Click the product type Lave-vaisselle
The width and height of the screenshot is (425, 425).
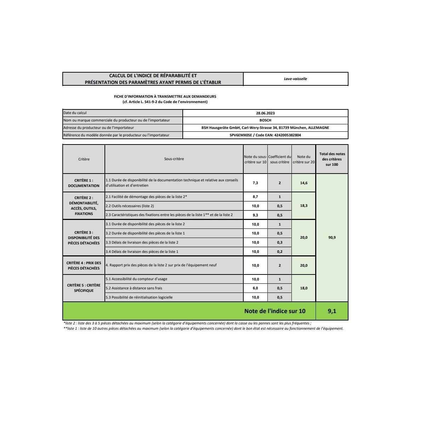(x=295, y=79)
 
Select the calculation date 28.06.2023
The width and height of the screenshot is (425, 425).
(x=265, y=113)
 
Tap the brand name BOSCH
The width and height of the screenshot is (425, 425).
(x=265, y=120)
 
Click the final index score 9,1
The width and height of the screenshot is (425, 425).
(x=332, y=311)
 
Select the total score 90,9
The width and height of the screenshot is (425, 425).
(x=332, y=238)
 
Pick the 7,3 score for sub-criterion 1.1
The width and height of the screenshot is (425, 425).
(x=255, y=183)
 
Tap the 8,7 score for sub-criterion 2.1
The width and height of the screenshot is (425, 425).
(x=255, y=197)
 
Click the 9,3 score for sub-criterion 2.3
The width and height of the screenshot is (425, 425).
(x=255, y=215)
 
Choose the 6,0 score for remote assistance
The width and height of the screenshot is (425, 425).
(x=255, y=288)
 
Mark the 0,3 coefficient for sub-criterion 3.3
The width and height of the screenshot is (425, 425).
(x=280, y=243)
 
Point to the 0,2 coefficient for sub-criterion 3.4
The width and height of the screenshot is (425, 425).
(x=280, y=252)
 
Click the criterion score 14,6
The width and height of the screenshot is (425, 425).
(x=304, y=183)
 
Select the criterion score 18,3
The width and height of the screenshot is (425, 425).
(x=304, y=206)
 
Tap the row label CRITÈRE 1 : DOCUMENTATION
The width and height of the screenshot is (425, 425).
(x=84, y=183)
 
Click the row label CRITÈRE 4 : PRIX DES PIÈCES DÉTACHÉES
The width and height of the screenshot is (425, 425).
(x=84, y=266)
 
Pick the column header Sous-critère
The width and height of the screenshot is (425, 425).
(x=174, y=159)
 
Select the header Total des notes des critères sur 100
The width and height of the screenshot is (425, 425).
(x=332, y=159)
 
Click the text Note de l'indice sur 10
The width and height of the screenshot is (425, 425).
(x=274, y=311)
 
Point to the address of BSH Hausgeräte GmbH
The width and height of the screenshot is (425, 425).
(x=265, y=128)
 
